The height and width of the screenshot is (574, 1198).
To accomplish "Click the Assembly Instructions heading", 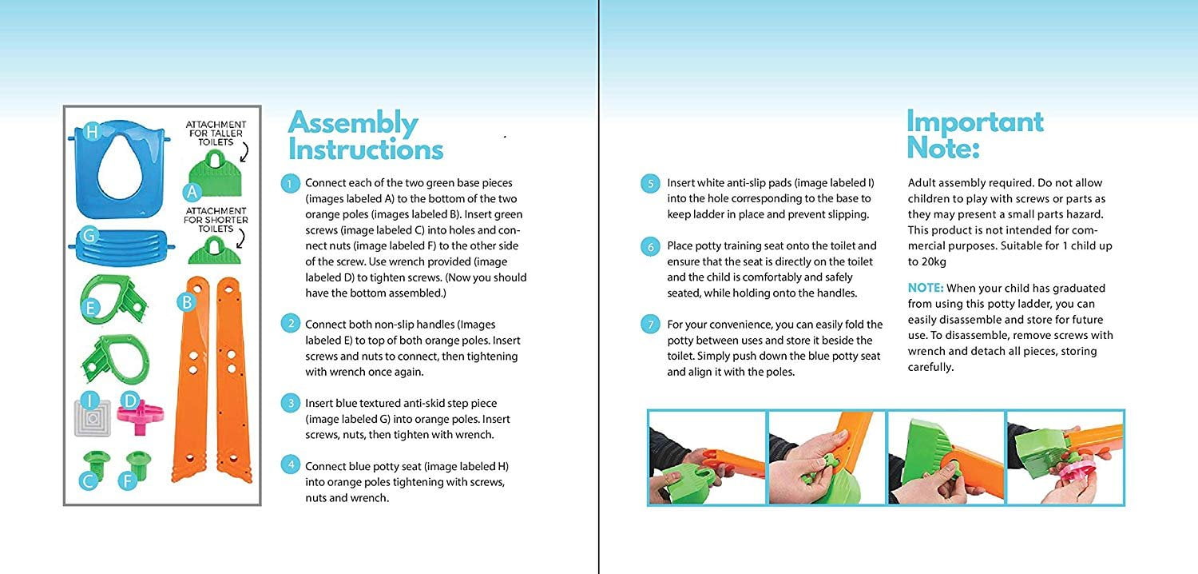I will coord(365,136).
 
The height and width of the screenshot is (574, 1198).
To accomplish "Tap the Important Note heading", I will coord(974,134).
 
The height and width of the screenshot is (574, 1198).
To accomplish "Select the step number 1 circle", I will coord(292,184).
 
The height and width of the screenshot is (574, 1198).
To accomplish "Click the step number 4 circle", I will coord(292,466).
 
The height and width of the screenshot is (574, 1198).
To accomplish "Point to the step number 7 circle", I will coord(652,325).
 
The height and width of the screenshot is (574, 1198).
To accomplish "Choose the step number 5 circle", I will coord(652,184).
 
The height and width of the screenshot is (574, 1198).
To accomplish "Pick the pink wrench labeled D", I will coord(140,411).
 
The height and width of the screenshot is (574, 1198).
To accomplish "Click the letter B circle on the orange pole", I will coord(186,303).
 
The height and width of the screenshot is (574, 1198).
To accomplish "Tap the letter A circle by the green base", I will coord(191,192).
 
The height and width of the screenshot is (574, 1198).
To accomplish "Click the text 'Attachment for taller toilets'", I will coord(216,133).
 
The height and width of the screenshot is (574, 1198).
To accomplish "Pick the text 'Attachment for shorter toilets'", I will coord(216,221).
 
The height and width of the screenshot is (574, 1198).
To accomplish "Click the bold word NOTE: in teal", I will coord(926,288).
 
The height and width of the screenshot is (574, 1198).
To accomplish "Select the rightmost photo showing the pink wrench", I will coord(1065,457).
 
